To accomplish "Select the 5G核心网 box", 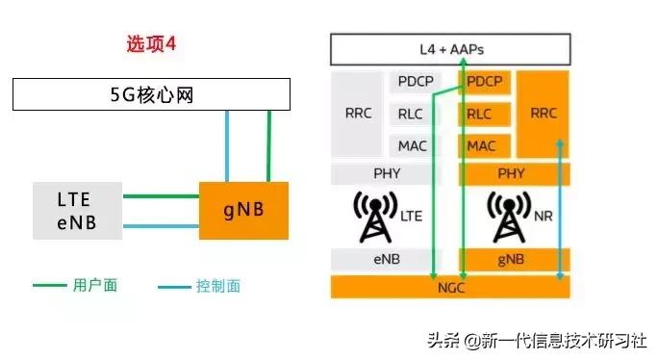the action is click(151, 94).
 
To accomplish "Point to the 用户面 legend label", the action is click(94, 286).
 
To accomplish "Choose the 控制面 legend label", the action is click(217, 286).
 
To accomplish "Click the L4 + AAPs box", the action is click(450, 48).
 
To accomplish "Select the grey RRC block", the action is click(357, 114).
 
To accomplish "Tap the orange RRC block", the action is click(544, 114).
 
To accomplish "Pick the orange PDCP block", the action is click(486, 82).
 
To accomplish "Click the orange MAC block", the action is click(481, 146).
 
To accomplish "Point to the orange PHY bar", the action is click(512, 174).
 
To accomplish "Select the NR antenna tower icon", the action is click(507, 217).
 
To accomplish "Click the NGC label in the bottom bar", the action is click(449, 287).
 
